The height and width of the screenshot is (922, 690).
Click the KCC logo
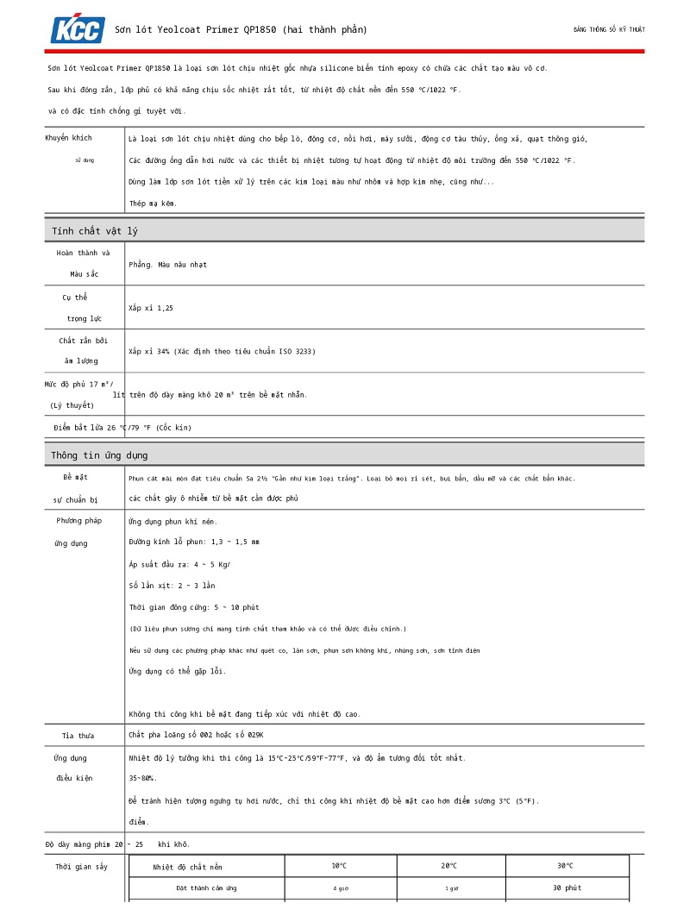pyautogui.click(x=78, y=29)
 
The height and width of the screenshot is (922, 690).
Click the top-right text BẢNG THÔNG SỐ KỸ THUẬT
pyautogui.click(x=609, y=29)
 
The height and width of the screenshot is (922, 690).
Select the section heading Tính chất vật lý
pyautogui.click(x=95, y=230)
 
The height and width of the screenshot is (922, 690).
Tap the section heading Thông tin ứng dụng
pyautogui.click(x=99, y=455)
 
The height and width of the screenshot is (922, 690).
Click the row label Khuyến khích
pyautogui.click(x=69, y=138)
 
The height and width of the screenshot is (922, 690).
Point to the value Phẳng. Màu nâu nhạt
pyautogui.click(x=168, y=265)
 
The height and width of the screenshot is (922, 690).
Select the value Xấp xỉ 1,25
pyautogui.click(x=151, y=308)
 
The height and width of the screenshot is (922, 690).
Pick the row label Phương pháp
pyautogui.click(x=79, y=521)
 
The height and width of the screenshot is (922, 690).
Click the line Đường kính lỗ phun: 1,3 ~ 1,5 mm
pyautogui.click(x=194, y=543)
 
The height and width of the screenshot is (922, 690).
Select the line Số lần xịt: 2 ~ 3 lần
pyautogui.click(x=172, y=586)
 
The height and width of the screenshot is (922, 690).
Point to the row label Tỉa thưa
pyautogui.click(x=78, y=736)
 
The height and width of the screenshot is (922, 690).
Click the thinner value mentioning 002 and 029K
pyautogui.click(x=196, y=735)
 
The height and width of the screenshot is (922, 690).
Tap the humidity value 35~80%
pyautogui.click(x=142, y=778)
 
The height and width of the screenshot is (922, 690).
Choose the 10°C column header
pyautogui.click(x=339, y=866)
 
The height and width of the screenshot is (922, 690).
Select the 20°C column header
pyautogui.click(x=449, y=866)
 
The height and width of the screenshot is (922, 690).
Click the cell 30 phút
pyautogui.click(x=567, y=888)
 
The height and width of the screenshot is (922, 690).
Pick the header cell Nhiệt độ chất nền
pyautogui.click(x=188, y=867)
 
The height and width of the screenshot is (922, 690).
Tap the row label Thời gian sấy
pyautogui.click(x=82, y=866)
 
